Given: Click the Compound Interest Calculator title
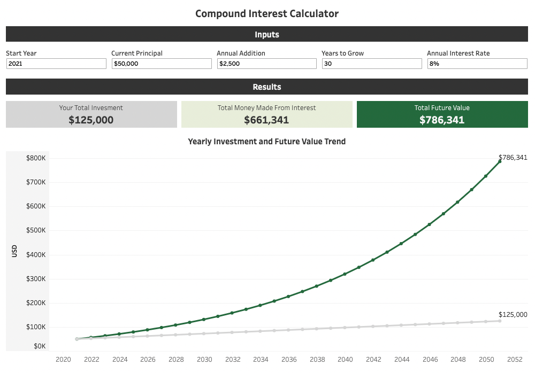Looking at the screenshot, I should click(x=267, y=13).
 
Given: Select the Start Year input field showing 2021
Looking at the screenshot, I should click(x=56, y=64).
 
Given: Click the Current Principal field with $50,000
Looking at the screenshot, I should click(x=162, y=64).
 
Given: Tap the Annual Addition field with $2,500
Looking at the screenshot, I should click(x=266, y=64).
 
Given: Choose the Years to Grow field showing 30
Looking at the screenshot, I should click(x=372, y=64).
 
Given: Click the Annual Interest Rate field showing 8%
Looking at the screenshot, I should click(x=477, y=64).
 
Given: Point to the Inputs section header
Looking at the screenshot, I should click(x=267, y=35).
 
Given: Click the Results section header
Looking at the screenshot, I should click(x=267, y=87).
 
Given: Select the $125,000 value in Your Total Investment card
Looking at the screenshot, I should click(x=91, y=120).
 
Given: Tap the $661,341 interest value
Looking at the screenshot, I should click(x=266, y=120).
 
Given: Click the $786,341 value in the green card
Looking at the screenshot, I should click(x=442, y=120).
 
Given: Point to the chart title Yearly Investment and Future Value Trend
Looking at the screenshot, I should click(x=267, y=142).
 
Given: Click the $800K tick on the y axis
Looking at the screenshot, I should click(x=36, y=158).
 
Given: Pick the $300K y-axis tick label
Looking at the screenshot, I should click(x=36, y=279).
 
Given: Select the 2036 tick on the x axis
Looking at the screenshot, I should click(x=289, y=360).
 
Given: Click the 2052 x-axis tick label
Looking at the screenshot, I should click(x=515, y=360).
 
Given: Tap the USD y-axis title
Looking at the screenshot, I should click(x=14, y=251).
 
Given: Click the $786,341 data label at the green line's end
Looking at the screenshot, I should click(x=513, y=158).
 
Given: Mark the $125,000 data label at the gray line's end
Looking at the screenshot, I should click(x=513, y=315).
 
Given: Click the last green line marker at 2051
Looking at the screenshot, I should click(x=500, y=161).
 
